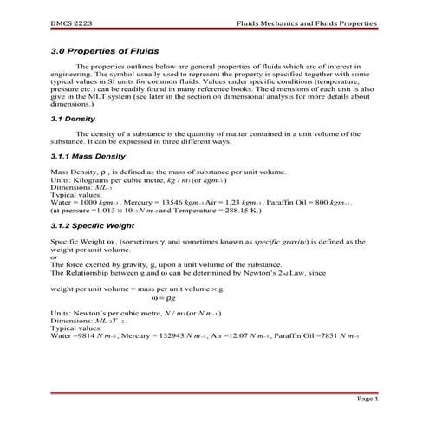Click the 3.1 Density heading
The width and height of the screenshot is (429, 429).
[74, 118]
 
